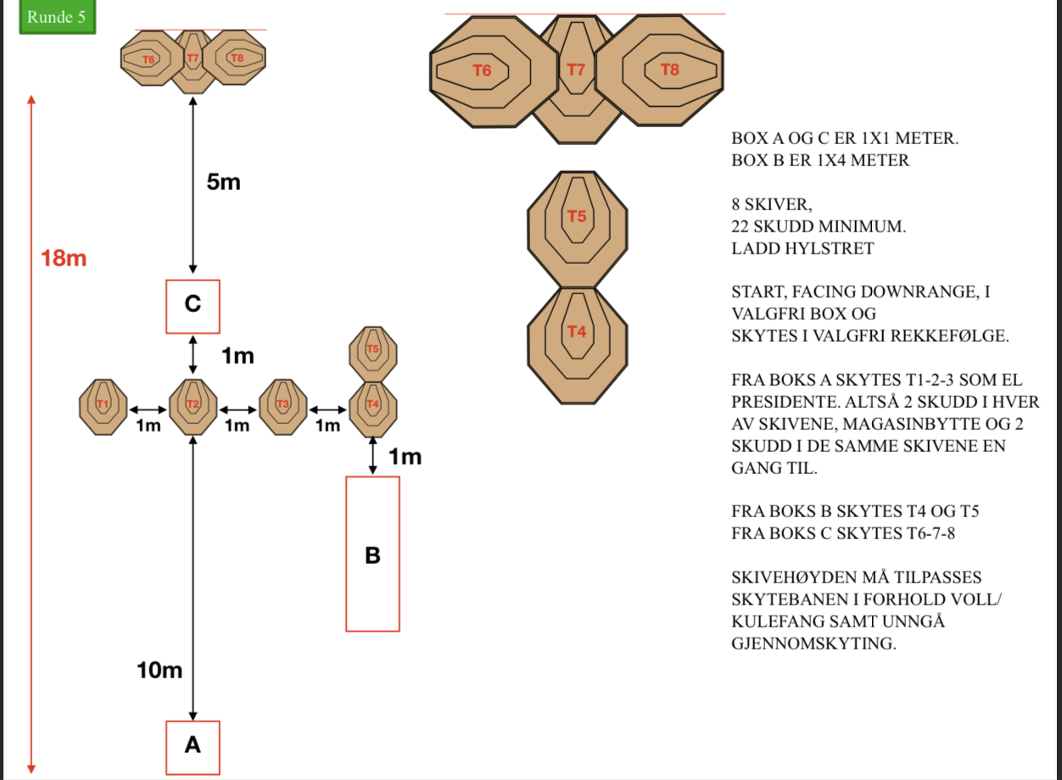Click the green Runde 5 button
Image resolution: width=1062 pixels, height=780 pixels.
tap(57, 18)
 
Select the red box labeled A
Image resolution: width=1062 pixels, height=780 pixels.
tap(193, 746)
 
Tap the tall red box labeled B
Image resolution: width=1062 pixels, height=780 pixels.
tap(372, 554)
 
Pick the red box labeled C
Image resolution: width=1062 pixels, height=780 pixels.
tap(193, 305)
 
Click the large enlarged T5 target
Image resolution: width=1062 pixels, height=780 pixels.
tap(577, 229)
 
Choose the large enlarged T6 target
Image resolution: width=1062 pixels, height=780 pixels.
tap(482, 71)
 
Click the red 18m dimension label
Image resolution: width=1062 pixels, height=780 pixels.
tap(64, 259)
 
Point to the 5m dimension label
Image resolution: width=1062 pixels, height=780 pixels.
tap(224, 182)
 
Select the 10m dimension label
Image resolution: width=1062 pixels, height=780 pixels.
tap(159, 671)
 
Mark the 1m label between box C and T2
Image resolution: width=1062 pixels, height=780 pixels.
tap(238, 357)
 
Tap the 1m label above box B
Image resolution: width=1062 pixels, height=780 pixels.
tap(405, 458)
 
